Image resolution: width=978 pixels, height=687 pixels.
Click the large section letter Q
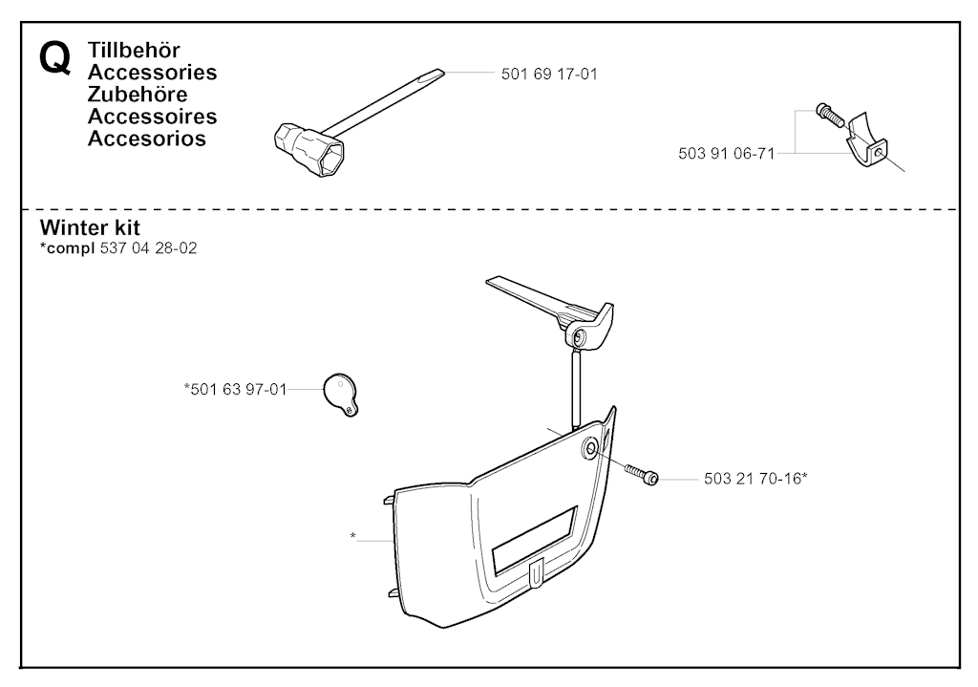click(54, 58)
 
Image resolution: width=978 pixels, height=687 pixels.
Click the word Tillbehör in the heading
click(134, 50)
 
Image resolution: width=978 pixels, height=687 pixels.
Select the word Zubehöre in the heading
click(138, 95)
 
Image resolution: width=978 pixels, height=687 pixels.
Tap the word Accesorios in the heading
click(146, 139)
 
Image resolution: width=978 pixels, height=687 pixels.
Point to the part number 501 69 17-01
click(549, 75)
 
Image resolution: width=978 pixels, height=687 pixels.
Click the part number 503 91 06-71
click(726, 154)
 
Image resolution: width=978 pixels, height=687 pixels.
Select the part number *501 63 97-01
click(235, 389)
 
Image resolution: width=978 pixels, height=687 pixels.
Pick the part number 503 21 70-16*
click(755, 479)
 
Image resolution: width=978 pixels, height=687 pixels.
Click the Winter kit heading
click(90, 227)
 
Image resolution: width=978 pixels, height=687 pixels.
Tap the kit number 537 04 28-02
click(148, 248)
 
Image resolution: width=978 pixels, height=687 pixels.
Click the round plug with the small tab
click(341, 394)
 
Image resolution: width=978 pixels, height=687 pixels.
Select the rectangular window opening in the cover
click(535, 541)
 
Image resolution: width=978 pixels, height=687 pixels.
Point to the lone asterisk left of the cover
click(353, 535)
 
